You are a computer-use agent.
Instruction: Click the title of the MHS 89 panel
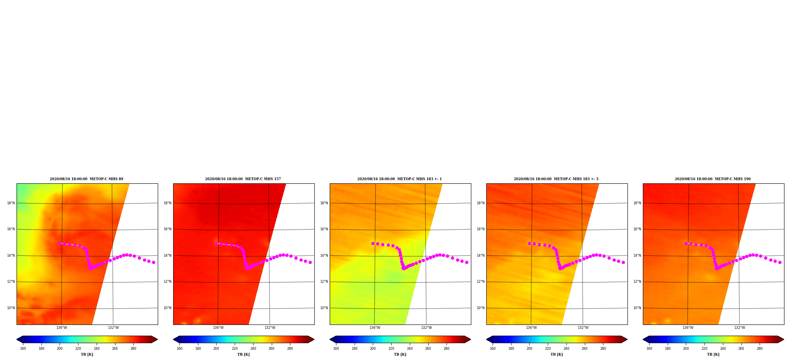pyautogui.click(x=86, y=179)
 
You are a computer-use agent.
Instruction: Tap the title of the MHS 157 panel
pyautogui.click(x=243, y=179)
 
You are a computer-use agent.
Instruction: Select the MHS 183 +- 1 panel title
pyautogui.click(x=400, y=179)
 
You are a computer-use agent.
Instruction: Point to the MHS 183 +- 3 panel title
pyautogui.click(x=556, y=179)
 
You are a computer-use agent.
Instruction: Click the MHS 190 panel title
pyautogui.click(x=713, y=179)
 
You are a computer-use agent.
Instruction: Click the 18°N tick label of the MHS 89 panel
pyautogui.click(x=11, y=203)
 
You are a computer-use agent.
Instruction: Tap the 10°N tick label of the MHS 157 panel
pyautogui.click(x=167, y=308)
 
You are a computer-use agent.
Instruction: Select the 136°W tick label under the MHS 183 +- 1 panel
pyautogui.click(x=375, y=328)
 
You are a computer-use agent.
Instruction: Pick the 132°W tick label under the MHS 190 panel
pyautogui.click(x=739, y=328)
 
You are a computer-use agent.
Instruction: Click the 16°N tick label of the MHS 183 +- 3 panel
pyautogui.click(x=480, y=229)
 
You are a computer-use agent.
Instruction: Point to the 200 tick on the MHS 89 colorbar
pyautogui.click(x=60, y=349)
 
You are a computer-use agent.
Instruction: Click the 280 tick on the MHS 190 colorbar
pyautogui.click(x=760, y=349)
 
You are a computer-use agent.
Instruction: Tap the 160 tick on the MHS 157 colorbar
pyautogui.click(x=179, y=349)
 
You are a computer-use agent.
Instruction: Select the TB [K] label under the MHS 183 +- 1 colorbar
pyautogui.click(x=400, y=354)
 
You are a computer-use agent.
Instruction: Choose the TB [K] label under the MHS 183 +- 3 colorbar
pyautogui.click(x=557, y=354)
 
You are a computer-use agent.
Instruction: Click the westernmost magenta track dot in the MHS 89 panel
pyautogui.click(x=60, y=244)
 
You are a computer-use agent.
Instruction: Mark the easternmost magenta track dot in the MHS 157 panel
pyautogui.click(x=310, y=263)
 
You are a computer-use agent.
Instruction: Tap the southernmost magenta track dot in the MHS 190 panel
pyautogui.click(x=717, y=269)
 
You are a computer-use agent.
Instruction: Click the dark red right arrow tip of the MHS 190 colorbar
pyautogui.click(x=783, y=339)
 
